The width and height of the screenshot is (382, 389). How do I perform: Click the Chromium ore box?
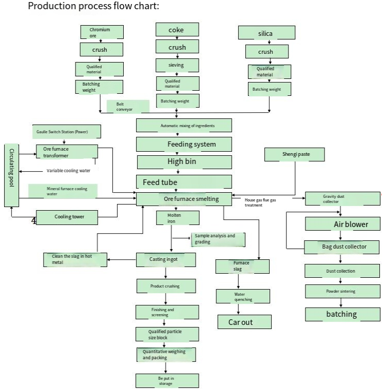[102, 32]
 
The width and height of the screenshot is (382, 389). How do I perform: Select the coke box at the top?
[177, 30]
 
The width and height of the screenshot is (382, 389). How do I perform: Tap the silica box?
[266, 33]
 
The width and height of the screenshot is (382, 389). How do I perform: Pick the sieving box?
[177, 65]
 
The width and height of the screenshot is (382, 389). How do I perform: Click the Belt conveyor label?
[128, 107]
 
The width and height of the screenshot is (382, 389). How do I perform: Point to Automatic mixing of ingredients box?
[184, 125]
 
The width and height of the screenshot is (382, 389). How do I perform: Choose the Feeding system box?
[184, 145]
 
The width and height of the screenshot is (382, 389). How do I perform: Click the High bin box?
[184, 162]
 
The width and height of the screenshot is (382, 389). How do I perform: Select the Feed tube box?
[184, 181]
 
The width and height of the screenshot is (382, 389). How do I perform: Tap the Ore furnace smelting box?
[184, 199]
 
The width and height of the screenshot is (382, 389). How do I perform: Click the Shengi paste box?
[295, 155]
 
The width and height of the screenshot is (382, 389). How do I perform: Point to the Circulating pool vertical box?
[11, 175]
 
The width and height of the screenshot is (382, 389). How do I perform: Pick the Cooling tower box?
[67, 218]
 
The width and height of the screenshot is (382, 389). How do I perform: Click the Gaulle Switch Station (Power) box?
[67, 132]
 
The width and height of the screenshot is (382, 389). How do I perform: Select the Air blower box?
[343, 224]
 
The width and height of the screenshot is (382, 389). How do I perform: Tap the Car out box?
[244, 322]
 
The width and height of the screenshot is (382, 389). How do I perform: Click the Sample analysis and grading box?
[218, 240]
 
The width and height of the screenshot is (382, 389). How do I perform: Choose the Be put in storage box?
[167, 381]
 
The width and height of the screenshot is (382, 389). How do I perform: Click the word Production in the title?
[52, 6]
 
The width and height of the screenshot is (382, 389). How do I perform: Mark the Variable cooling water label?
[68, 171]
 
